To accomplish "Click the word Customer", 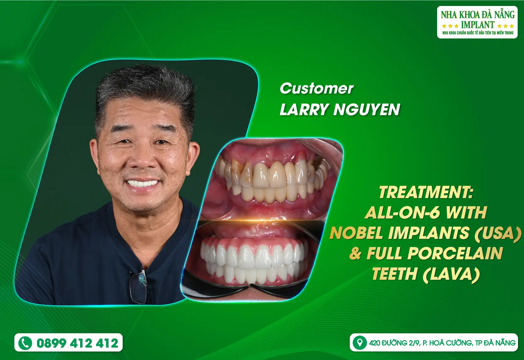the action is point(317,89).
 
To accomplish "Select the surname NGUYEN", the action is point(367,109).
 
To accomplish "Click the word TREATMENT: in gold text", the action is point(426,192).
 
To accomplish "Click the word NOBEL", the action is point(357,233).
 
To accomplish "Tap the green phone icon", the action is point(25,343).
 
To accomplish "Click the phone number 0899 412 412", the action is point(77,343).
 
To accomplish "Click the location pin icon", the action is point(360,343).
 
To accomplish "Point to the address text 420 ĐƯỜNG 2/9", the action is point(395,343).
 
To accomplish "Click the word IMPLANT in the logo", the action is point(478,24).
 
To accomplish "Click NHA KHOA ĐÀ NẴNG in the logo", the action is point(478,15).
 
